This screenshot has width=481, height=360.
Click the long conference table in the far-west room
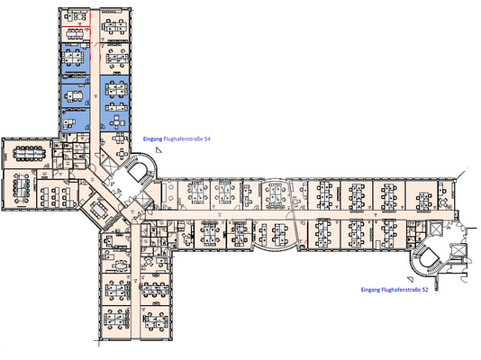coord(31,150)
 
